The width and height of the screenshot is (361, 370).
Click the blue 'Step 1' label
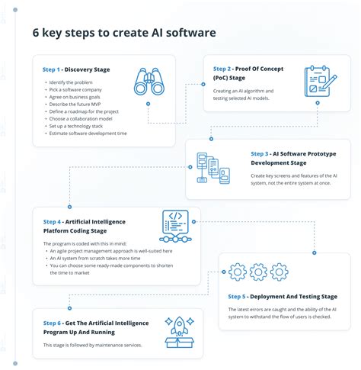(52, 69)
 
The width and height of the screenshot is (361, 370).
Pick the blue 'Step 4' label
(52, 222)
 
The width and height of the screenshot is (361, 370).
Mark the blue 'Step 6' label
(52, 323)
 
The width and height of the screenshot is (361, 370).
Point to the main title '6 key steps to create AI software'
(123, 33)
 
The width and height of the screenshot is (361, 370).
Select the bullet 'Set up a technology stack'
(81, 126)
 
